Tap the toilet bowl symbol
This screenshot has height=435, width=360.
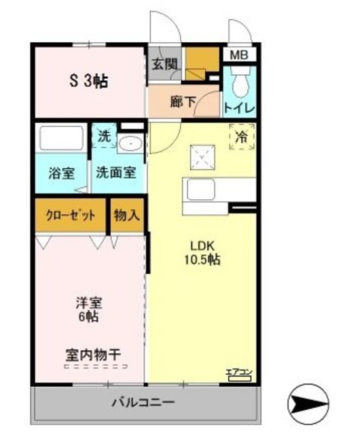(x=239, y=86)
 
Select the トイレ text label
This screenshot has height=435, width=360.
(x=239, y=107)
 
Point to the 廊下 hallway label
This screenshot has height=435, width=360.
(x=183, y=102)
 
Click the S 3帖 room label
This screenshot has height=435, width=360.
(x=88, y=82)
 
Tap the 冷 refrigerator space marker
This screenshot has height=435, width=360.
(x=242, y=136)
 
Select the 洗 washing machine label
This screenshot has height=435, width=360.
(x=104, y=136)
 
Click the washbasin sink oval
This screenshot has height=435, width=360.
(x=129, y=143)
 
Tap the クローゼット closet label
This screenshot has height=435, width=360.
(x=71, y=216)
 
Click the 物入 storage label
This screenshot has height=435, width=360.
(x=126, y=216)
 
